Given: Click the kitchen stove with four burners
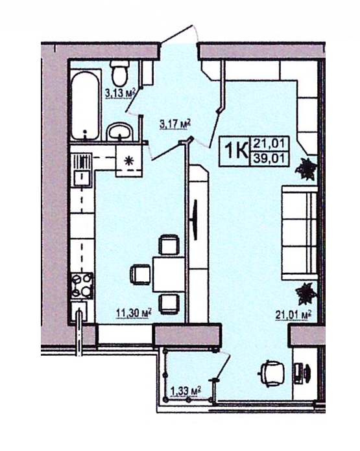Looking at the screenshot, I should pos(82,285).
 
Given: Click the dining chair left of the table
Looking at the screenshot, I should pos(140,274).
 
